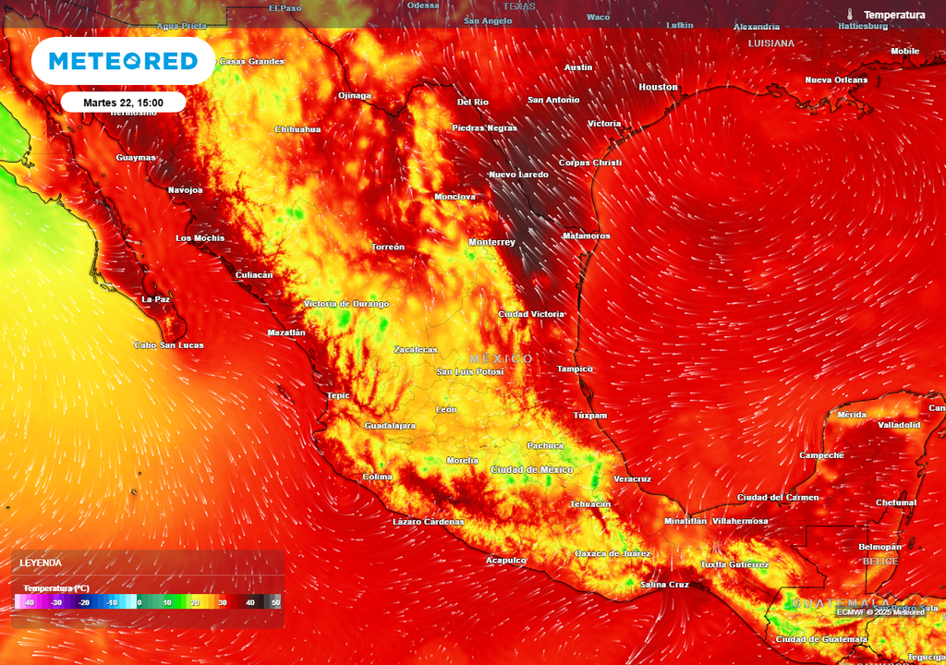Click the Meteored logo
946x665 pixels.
(123, 62)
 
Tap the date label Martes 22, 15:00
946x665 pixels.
(123, 103)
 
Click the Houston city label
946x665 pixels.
(658, 87)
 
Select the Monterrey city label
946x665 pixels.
(491, 242)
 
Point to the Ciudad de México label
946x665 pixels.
(532, 470)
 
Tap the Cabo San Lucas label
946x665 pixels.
(169, 345)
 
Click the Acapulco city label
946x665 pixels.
(506, 560)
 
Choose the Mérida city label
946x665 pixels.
(851, 415)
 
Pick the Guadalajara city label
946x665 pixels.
(390, 426)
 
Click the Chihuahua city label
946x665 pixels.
(297, 129)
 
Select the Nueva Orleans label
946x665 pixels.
(836, 79)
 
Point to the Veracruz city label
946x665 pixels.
(632, 479)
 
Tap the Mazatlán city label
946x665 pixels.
(286, 332)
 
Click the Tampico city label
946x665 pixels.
(575, 369)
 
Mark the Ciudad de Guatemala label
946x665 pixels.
(821, 639)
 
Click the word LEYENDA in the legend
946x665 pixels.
(41, 562)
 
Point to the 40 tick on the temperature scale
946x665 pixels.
(249, 602)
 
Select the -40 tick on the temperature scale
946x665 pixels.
(30, 602)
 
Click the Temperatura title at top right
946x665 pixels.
(893, 15)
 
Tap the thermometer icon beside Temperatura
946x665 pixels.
(849, 15)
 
